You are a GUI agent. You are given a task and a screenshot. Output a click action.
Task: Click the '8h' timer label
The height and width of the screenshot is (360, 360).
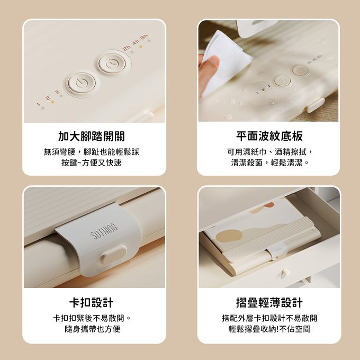(x=145, y=37)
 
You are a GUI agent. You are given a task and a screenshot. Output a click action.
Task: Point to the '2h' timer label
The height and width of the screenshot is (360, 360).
(x=127, y=48)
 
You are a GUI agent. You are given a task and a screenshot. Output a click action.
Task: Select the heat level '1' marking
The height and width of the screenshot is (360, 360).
(x=38, y=104)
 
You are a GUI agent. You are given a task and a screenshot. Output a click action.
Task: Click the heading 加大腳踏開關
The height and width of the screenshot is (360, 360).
(x=92, y=137)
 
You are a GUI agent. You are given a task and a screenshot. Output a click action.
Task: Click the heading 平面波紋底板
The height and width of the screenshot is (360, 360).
(x=269, y=136)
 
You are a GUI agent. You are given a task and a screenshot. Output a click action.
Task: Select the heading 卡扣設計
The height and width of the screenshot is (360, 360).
(x=92, y=302)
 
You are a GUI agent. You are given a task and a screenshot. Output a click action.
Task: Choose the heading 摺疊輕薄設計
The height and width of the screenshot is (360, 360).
(x=269, y=302)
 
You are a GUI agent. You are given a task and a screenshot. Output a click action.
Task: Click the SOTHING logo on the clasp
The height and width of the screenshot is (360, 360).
(x=105, y=232)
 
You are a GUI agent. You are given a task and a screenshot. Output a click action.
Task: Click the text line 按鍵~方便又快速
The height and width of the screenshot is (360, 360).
(x=92, y=163)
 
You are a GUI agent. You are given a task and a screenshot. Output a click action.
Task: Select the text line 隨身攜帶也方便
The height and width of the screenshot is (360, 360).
(x=92, y=329)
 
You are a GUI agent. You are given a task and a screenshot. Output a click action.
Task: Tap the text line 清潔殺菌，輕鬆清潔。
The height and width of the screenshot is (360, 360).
(x=270, y=163)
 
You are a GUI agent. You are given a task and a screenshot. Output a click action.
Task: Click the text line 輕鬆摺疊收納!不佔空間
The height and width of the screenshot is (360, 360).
(x=269, y=329)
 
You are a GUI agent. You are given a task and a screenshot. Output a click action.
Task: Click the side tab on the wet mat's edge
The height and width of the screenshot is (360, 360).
(x=316, y=105)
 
